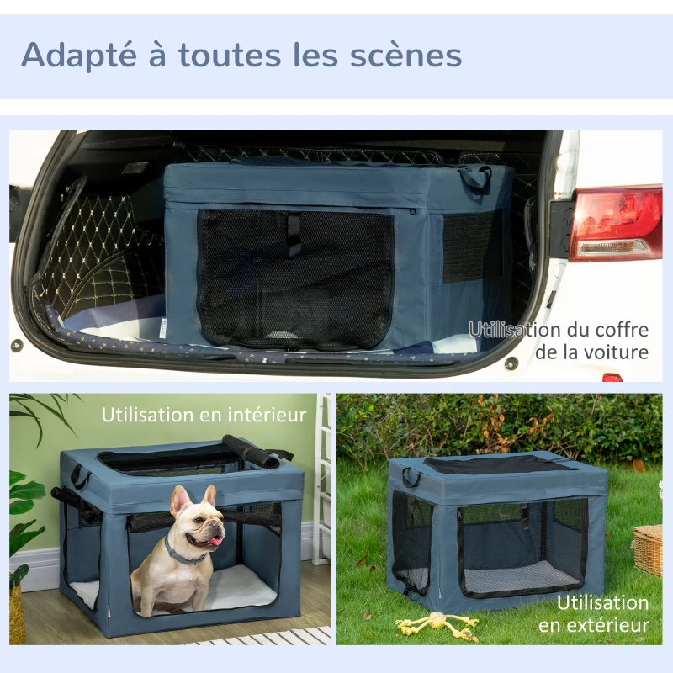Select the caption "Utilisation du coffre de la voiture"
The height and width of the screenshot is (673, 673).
[559, 341]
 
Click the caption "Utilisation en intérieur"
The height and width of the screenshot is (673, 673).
[204, 415]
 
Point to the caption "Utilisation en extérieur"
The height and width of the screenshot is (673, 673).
[602, 614]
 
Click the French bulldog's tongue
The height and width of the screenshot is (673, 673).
[215, 539]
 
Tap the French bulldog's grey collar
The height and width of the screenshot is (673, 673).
[182, 555]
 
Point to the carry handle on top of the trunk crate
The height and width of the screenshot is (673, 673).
[474, 176]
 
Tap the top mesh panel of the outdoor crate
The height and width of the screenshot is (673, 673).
[496, 464]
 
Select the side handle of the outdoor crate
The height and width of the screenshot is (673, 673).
[411, 477]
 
